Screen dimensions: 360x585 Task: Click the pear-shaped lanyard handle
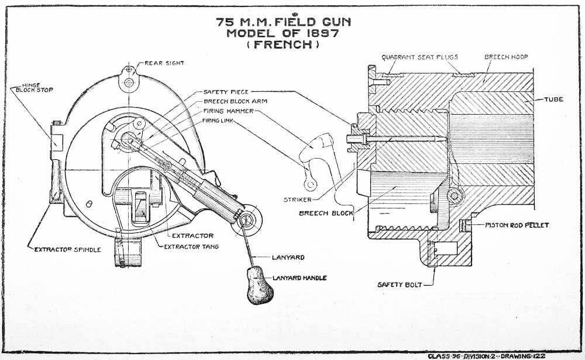point(256,286)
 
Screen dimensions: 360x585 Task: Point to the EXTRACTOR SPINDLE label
point(67,249)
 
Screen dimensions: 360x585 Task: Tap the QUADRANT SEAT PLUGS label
point(419,57)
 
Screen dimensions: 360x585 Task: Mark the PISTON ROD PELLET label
point(517,225)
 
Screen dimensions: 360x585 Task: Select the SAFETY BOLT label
point(397,285)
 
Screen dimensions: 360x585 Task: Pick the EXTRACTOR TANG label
point(191,247)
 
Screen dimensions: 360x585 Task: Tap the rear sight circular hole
point(128,83)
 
